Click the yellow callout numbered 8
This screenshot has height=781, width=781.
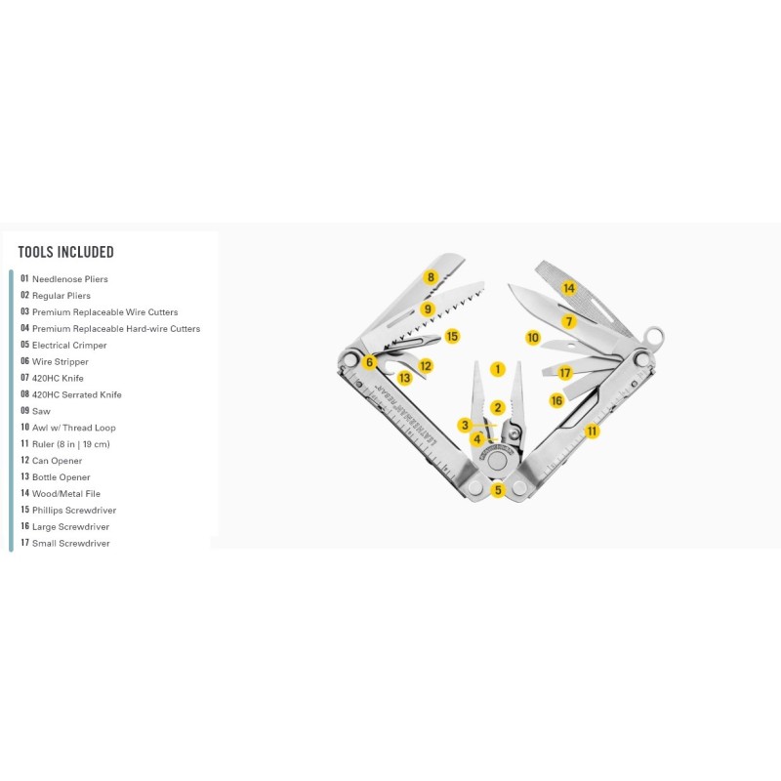(x=431, y=277)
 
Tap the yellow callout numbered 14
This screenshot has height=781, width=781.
(x=568, y=288)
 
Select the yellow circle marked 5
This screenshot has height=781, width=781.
(x=498, y=490)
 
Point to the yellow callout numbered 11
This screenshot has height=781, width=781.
(x=592, y=431)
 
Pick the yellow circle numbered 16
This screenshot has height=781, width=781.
(x=556, y=400)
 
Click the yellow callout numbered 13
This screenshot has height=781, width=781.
(x=404, y=378)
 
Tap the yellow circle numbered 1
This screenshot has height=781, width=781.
(x=498, y=369)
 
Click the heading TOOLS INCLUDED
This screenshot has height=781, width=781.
(x=66, y=252)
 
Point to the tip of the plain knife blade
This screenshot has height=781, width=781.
(x=510, y=286)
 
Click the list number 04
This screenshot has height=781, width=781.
(x=25, y=328)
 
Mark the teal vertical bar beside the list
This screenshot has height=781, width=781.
(x=11, y=410)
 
